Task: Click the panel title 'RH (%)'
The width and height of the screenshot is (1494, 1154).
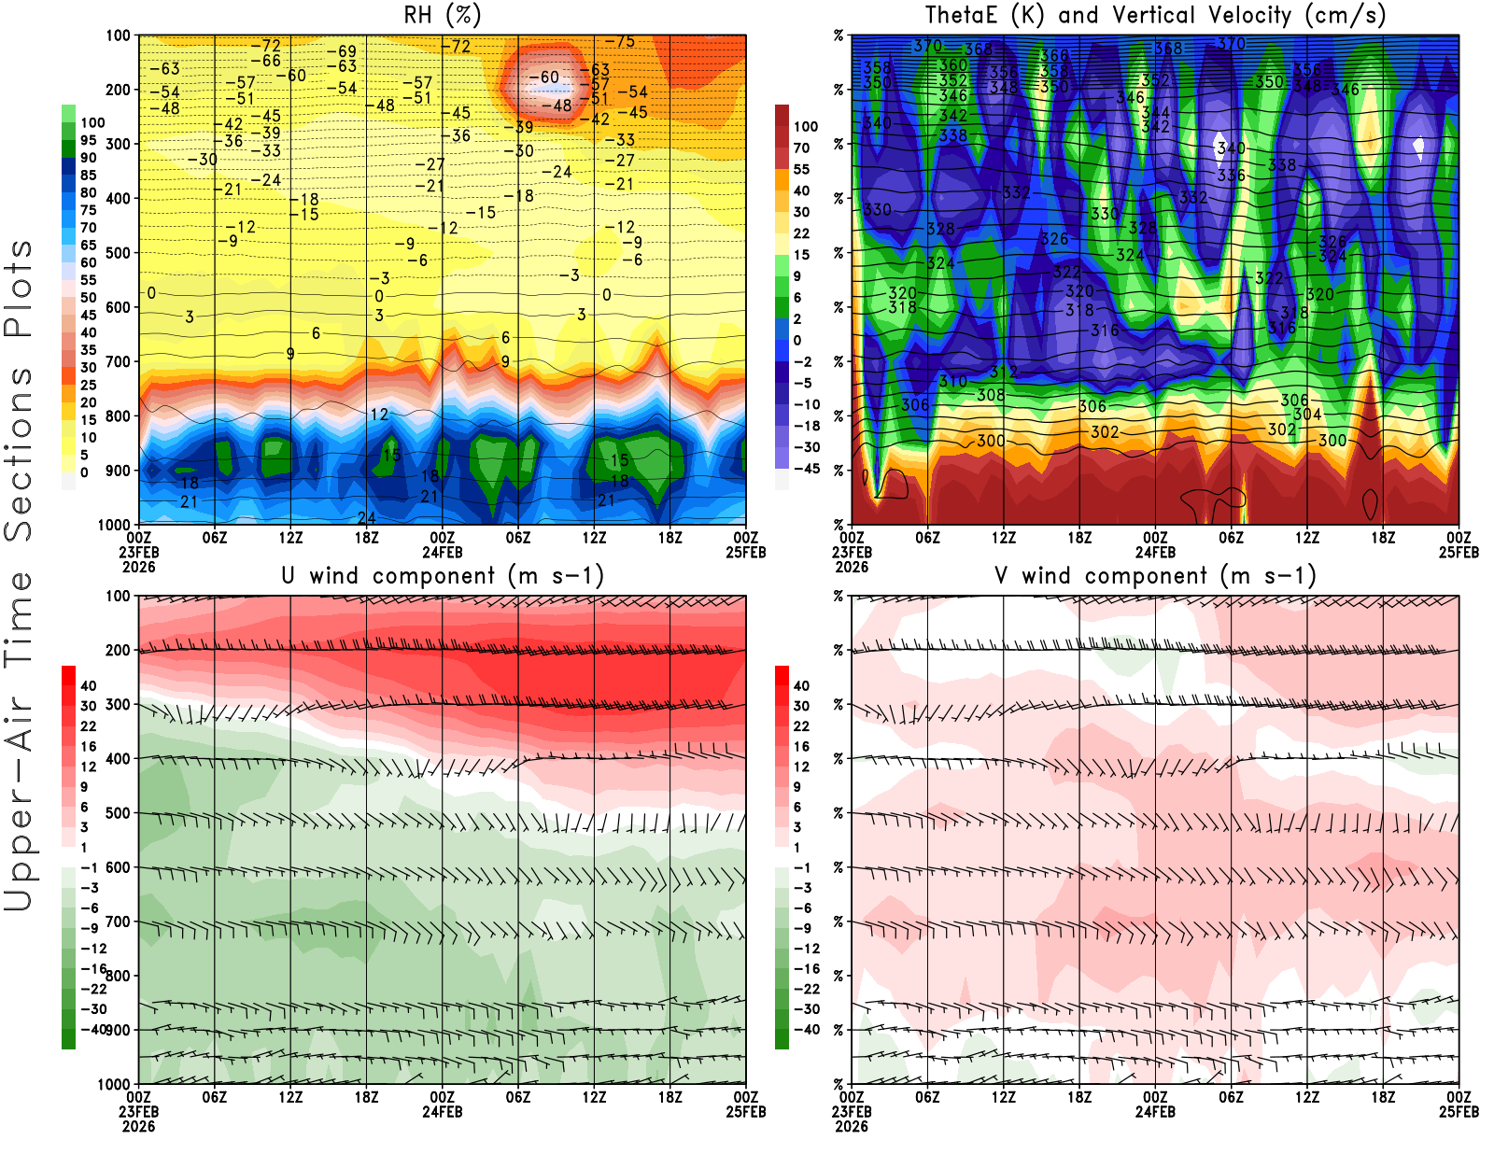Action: [x=442, y=15]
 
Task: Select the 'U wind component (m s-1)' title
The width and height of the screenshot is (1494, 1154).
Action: [x=443, y=575]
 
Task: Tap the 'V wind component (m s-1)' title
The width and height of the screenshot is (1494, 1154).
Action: [x=1155, y=575]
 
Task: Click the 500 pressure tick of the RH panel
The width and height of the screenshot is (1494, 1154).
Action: [x=118, y=253]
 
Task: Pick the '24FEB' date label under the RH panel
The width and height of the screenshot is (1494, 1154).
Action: [x=443, y=552]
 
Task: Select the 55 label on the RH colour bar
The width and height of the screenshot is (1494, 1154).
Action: [x=88, y=280]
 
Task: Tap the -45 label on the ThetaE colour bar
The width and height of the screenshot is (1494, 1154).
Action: [x=806, y=469]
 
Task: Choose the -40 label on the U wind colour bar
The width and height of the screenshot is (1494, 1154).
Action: [x=93, y=1029]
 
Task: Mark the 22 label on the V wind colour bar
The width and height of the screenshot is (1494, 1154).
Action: [x=801, y=726]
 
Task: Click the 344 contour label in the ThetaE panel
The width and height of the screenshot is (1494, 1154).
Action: [x=1156, y=113]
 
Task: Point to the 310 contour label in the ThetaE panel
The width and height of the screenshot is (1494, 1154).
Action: [x=952, y=382]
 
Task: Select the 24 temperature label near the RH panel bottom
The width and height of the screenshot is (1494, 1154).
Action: [x=366, y=517]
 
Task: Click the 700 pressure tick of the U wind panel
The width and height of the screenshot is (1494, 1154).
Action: [x=118, y=922]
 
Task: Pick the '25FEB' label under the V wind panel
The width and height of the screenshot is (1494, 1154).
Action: [x=1459, y=1112]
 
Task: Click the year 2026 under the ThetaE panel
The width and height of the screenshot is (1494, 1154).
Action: [x=852, y=567]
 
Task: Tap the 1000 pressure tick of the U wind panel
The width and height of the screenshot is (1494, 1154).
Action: [x=114, y=1084]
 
